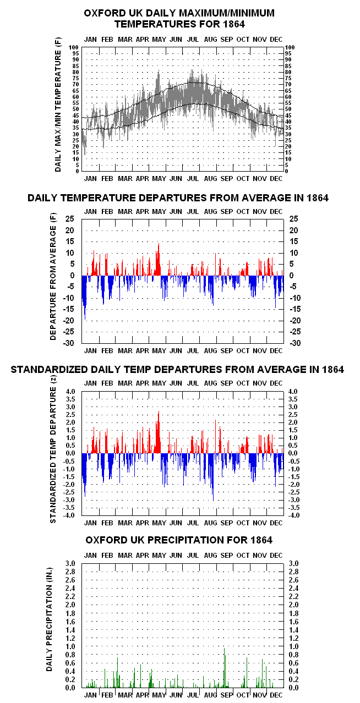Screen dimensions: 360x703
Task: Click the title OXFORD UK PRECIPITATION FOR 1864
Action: click(179, 540)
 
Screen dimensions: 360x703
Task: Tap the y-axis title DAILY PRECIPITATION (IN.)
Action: click(49, 619)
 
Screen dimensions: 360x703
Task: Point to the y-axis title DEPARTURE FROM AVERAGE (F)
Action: click(53, 277)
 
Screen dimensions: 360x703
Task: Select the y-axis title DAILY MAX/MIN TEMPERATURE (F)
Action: click(58, 105)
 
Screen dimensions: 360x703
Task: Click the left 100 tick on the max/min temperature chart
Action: click(74, 47)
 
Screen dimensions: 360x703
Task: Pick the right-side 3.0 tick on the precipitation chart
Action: click(293, 563)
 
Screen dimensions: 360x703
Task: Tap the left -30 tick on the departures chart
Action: click(68, 343)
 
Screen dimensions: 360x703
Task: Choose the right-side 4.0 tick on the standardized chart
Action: click(293, 391)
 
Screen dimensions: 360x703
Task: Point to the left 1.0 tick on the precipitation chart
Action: click(70, 646)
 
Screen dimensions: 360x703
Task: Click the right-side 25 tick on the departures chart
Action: click(293, 219)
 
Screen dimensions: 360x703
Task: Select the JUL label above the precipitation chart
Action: click(193, 555)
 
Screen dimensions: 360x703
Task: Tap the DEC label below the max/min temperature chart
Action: click(276, 179)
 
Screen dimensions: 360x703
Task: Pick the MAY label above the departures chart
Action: click(159, 212)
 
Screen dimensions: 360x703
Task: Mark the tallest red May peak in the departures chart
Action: click(159, 244)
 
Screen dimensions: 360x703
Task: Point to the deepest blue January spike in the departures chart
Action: click(85, 319)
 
